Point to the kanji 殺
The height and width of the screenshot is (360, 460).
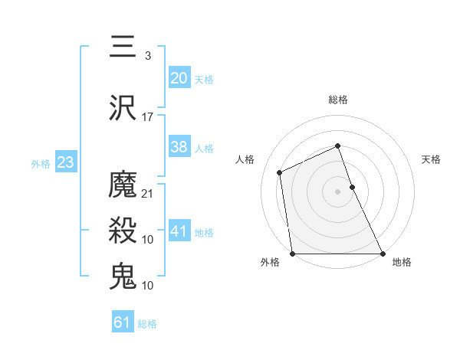(123, 230)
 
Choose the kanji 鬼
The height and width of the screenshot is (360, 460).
(123, 276)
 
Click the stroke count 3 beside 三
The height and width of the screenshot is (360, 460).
(147, 56)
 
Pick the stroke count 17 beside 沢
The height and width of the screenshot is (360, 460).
(148, 117)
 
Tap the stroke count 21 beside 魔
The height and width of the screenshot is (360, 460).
(148, 194)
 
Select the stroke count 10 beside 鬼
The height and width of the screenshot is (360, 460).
(148, 286)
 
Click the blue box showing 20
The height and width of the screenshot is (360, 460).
(179, 78)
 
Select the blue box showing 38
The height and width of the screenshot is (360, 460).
(179, 147)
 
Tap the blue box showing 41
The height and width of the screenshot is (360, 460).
(179, 231)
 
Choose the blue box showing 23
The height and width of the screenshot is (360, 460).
(65, 162)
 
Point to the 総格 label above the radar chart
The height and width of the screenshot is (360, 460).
(337, 100)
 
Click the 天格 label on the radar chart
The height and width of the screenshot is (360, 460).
(432, 160)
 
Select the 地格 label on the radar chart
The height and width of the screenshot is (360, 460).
(402, 262)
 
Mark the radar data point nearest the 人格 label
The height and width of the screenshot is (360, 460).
(280, 172)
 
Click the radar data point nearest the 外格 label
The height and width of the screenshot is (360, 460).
(293, 254)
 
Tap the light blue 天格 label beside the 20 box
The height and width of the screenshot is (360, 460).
(204, 80)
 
